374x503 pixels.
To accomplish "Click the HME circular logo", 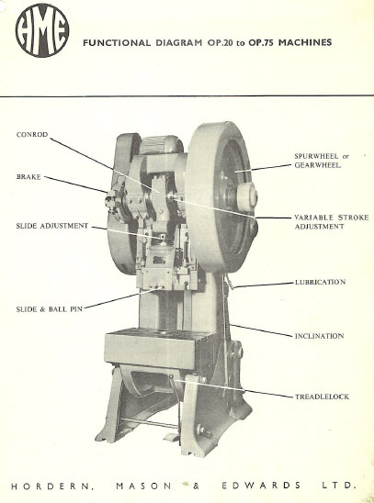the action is (x=42, y=30).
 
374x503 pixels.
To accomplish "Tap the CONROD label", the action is (x=32, y=135).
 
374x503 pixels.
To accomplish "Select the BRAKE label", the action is (x=28, y=177).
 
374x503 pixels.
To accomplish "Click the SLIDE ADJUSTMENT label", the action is (x=52, y=226).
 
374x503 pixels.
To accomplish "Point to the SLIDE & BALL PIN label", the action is (x=49, y=309).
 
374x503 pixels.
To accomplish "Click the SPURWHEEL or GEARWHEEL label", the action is (x=322, y=161).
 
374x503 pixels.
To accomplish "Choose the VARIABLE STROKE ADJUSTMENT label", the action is (x=332, y=221).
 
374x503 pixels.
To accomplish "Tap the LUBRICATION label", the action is (x=321, y=283).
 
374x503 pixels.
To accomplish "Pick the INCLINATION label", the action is (x=319, y=336).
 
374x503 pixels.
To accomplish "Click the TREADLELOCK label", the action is (x=322, y=397).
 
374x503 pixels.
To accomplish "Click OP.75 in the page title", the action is (x=260, y=42).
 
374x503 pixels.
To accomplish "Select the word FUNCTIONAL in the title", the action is (x=117, y=42).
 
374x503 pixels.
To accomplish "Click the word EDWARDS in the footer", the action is (x=261, y=486).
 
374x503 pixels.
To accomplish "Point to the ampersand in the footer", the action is (x=196, y=486).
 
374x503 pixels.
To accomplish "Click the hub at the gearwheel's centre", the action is (x=246, y=196).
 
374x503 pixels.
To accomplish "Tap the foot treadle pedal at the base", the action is (x=171, y=437).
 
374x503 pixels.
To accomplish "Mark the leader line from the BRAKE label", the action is (x=76, y=184).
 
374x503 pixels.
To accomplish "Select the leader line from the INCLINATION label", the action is (x=261, y=330).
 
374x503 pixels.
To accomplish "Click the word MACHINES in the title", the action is (x=305, y=42).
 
